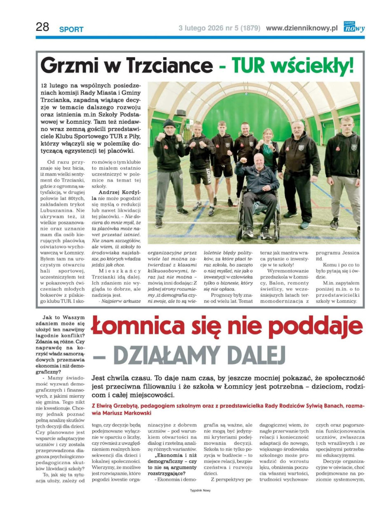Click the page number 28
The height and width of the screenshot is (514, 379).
42,27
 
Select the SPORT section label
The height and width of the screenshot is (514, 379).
71,30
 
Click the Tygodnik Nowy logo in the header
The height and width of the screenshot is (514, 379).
354,27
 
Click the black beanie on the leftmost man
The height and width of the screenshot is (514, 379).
169,123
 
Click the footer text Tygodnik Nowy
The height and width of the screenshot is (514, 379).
200,491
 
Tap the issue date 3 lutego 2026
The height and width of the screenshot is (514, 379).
201,28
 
